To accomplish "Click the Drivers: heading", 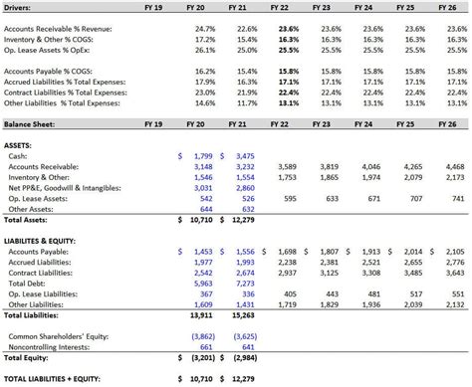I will point(20,7).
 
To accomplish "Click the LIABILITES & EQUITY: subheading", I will point(47,240).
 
